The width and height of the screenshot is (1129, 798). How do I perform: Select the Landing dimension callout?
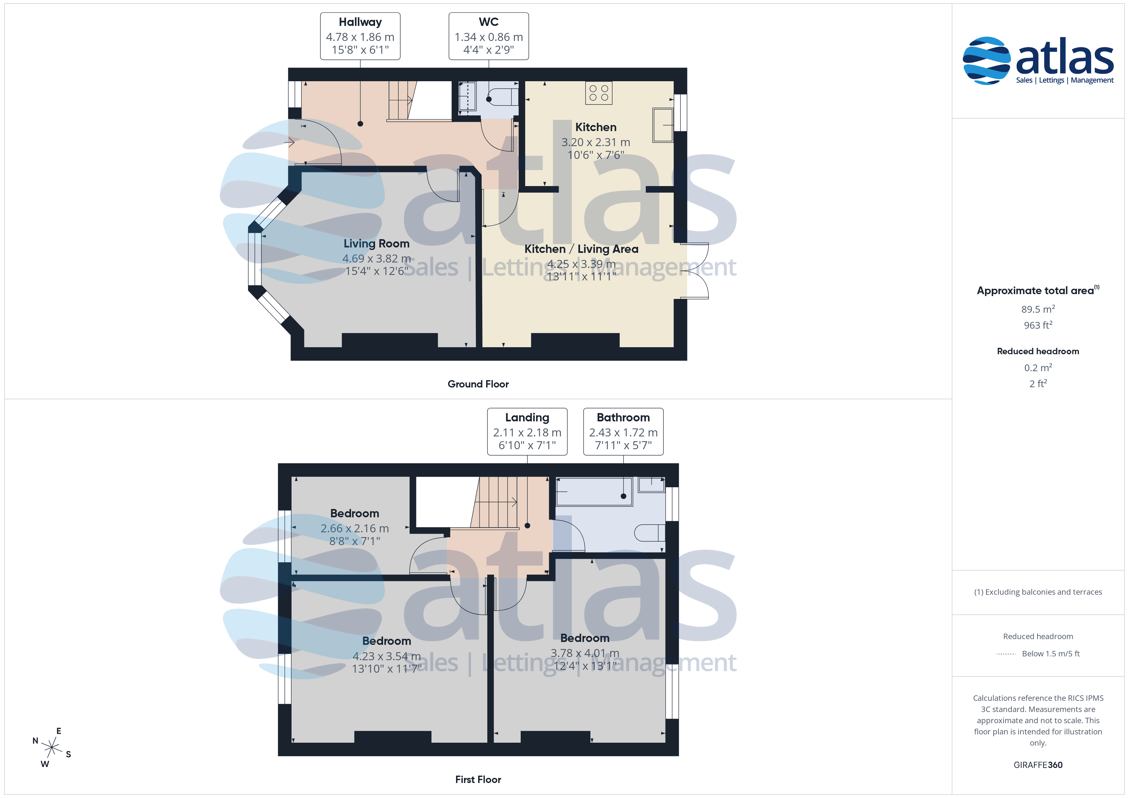click(527, 431)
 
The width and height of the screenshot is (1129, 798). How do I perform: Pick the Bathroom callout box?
click(623, 431)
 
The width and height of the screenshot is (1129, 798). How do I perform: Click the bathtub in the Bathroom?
click(594, 491)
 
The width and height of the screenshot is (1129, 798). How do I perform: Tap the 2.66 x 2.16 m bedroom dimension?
click(355, 528)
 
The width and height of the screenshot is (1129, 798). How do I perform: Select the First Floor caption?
click(478, 779)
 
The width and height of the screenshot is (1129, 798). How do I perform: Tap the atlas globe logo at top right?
click(986, 60)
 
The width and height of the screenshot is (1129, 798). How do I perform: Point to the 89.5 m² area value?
click(1038, 309)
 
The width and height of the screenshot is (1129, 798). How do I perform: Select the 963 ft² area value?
click(1038, 325)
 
